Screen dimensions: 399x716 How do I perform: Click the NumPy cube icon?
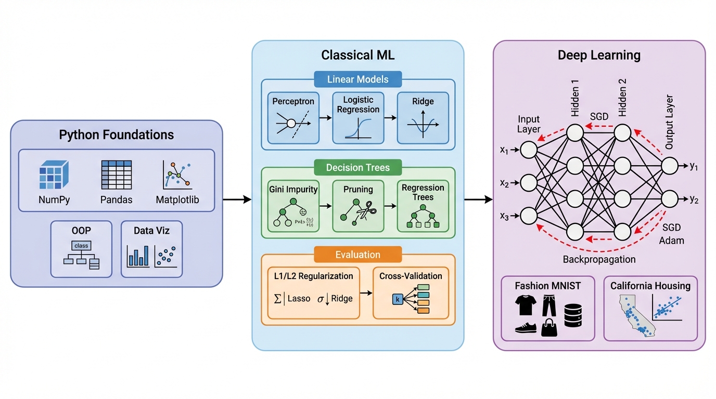pyautogui.click(x=54, y=174)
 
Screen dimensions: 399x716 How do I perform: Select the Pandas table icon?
pyautogui.click(x=116, y=174)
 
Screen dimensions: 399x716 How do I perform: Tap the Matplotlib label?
pyautogui.click(x=177, y=200)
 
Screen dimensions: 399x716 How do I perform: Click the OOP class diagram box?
pyautogui.click(x=81, y=249)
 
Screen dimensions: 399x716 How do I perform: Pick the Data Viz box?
pyautogui.click(x=151, y=249)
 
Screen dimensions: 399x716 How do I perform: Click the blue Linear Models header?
pyautogui.click(x=358, y=79)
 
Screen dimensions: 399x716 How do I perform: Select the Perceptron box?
pyautogui.click(x=293, y=118)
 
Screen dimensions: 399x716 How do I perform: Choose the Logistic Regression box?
pyautogui.click(x=358, y=118)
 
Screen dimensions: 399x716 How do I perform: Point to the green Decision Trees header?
pyautogui.click(x=358, y=167)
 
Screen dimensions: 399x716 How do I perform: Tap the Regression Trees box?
pyautogui.click(x=423, y=206)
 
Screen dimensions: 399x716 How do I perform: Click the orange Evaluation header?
pyautogui.click(x=358, y=255)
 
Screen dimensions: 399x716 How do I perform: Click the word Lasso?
pyautogui.click(x=298, y=299)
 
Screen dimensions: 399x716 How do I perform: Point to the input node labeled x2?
pyautogui.click(x=528, y=183)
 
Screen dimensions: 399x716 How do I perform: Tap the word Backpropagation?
pyautogui.click(x=599, y=259)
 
